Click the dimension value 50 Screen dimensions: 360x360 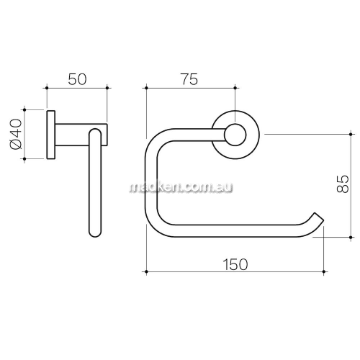coord(77,79)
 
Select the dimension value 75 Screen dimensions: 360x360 coord(189,79)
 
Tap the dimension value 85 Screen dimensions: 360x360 coord(343,184)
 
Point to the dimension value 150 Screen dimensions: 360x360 coord(235,264)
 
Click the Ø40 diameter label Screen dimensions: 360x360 coord(16,134)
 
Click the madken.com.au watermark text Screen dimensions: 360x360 coord(181,187)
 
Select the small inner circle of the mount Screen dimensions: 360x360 coord(235,135)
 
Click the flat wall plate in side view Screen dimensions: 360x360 coord(51,135)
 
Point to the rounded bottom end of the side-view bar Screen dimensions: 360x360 coord(95,233)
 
